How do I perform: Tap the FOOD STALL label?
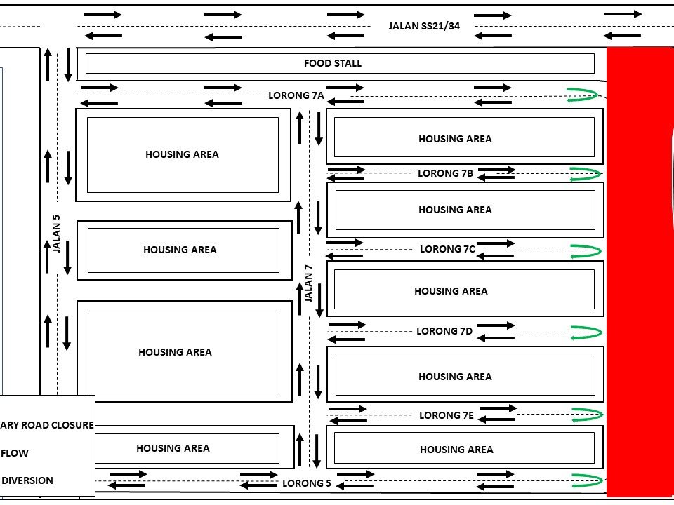[x=333, y=63]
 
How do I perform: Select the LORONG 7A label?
[x=296, y=95]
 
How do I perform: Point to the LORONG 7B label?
[x=445, y=173]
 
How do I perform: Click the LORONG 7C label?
[x=447, y=249]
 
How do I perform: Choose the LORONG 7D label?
[x=444, y=331]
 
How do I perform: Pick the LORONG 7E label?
[x=447, y=415]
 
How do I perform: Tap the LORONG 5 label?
[x=307, y=483]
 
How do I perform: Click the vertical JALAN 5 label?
[x=57, y=234]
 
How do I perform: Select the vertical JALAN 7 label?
[x=308, y=283]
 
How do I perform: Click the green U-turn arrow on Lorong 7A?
[x=584, y=95]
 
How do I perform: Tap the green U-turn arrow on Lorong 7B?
[x=586, y=173]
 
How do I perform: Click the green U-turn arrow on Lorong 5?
[x=587, y=481]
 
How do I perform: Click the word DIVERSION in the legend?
[x=27, y=480]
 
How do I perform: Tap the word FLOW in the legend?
[x=15, y=453]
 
